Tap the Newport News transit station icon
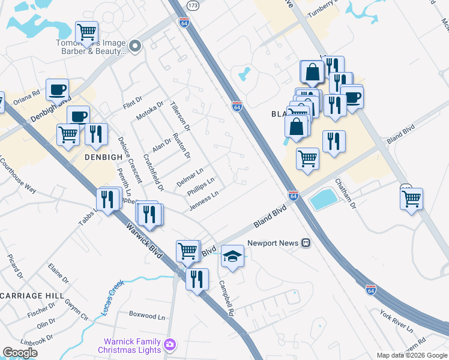point(306,243)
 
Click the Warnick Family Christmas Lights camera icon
point(170,344)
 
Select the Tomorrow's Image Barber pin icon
point(135,46)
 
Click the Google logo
point(20,353)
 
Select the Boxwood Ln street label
point(147,314)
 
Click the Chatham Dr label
point(346,193)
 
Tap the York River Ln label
point(396,322)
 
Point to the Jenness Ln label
point(203,201)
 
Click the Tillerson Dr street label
point(180,116)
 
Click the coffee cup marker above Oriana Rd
point(57,89)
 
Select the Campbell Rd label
point(226,299)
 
